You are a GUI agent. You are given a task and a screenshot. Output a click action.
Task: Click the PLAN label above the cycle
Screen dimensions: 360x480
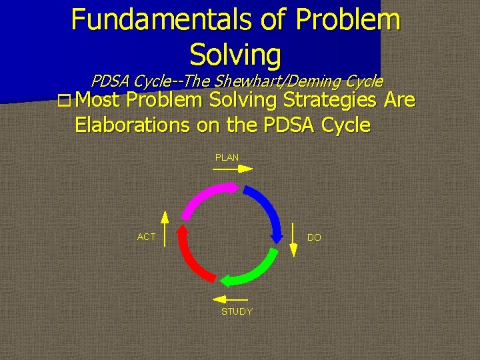coord(227,157)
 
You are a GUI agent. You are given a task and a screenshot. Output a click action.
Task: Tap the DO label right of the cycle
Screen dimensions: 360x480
coord(314,237)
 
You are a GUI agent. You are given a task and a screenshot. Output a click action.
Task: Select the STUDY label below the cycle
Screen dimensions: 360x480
coord(237,311)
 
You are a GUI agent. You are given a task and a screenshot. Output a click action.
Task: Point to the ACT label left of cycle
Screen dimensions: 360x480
coord(146,237)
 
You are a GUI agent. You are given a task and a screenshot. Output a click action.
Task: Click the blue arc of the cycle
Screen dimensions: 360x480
coord(265,210)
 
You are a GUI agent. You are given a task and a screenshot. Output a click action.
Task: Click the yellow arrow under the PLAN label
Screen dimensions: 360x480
coord(232,169)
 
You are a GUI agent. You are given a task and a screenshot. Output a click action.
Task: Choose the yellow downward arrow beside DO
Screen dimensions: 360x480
coord(293,240)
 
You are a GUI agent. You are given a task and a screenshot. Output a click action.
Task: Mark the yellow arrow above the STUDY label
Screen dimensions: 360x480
coord(233,300)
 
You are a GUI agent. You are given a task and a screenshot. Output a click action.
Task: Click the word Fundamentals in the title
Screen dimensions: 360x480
coord(163,19)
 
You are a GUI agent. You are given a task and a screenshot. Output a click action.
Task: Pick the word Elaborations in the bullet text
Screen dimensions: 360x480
coord(133,125)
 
